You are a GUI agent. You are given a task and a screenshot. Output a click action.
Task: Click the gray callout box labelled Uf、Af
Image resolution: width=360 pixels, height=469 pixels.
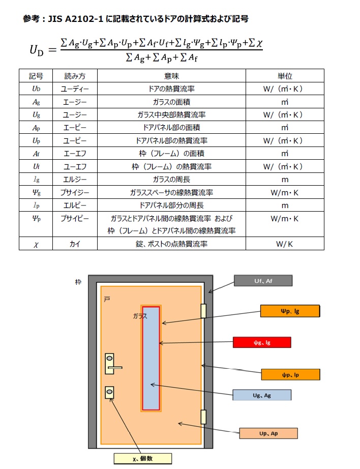point(262,280)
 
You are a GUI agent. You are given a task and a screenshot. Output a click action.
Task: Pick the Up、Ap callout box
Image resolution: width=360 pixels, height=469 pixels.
point(268,433)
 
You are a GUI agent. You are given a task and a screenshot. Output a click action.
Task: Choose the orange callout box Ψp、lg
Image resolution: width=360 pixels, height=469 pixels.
point(289,311)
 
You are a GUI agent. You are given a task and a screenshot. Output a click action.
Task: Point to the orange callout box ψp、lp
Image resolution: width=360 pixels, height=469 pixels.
point(290,374)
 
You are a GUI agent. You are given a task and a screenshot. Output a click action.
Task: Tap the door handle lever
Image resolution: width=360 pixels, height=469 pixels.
point(114,366)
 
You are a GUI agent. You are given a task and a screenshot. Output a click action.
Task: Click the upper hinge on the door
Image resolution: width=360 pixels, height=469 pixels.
point(203,311)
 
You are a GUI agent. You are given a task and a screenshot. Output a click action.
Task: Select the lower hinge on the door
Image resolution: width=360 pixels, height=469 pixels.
point(203,416)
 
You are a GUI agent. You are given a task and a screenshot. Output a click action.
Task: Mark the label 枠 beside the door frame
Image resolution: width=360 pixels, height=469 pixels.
point(78,281)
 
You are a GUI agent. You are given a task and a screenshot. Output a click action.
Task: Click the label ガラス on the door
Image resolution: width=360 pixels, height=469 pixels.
point(140,316)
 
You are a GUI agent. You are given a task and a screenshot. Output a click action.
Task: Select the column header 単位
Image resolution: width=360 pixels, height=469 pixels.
point(284,75)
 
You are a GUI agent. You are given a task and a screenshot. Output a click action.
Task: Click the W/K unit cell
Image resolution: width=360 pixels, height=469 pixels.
point(284,244)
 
